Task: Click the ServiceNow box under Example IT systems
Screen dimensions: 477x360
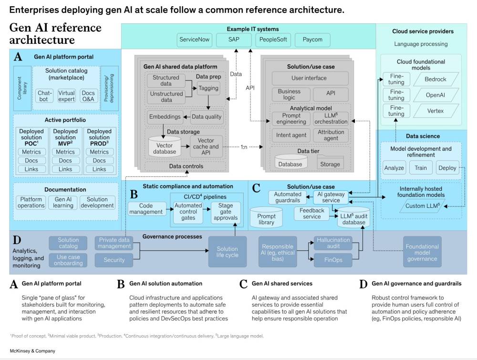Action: coord(195,40)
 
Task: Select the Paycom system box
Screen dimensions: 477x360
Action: coord(312,40)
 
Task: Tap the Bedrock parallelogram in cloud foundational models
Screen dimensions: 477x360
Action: coord(436,79)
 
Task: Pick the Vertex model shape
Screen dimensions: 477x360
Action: coord(436,111)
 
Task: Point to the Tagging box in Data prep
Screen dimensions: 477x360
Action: coord(208,89)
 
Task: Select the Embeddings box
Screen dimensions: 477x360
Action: coord(165,117)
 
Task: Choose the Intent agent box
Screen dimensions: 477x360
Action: coord(291,135)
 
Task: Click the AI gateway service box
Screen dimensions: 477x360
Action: coord(331,197)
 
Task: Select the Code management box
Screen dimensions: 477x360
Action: coord(146,209)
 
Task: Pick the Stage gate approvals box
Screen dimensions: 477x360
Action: coord(226,212)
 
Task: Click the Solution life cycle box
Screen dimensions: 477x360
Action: coord(227,252)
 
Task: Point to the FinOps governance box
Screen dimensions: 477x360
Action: coord(333,260)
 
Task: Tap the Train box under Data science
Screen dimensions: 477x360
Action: coord(421,168)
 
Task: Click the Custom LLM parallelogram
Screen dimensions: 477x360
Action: coord(422,206)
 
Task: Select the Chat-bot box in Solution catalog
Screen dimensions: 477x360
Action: coord(43,96)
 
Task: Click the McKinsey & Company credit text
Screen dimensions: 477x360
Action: coord(32,351)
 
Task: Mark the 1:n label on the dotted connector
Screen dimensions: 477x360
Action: coord(244,147)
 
